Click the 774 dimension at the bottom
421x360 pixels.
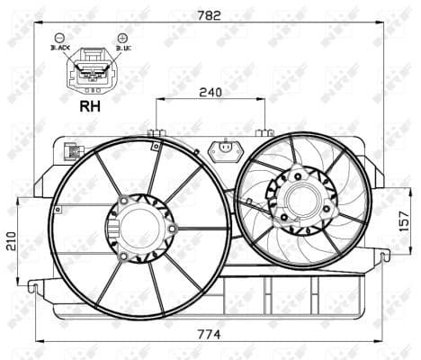point(210,334)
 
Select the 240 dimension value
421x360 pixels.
point(210,90)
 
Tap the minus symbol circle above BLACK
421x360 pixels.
point(58,38)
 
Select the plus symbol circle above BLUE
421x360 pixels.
point(121,38)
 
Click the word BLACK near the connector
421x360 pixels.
point(60,49)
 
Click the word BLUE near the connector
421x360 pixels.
point(120,49)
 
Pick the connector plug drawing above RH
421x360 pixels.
point(90,69)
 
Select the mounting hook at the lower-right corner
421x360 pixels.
point(385,256)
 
